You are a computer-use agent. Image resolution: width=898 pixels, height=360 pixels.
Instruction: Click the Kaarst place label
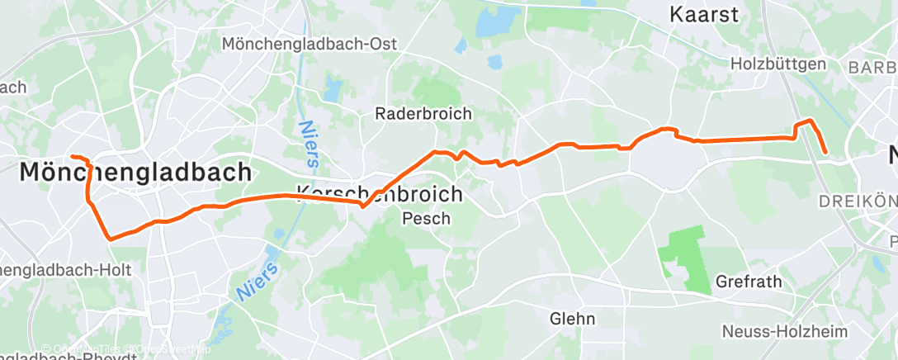[x=703, y=14]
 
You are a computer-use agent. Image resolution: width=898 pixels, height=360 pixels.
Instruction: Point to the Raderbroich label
[x=423, y=114]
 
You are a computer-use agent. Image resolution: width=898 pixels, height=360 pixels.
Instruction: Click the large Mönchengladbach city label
[x=135, y=172]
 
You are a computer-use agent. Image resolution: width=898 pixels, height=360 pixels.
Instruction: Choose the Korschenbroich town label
[x=380, y=193]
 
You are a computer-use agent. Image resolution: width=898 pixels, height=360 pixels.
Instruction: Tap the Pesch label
[x=426, y=219]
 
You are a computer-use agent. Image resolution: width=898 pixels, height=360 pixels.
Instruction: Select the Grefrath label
[x=749, y=282]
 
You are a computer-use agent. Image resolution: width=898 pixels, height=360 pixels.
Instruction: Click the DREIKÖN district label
[x=857, y=201]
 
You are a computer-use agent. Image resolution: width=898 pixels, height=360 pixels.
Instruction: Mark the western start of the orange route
[x=72, y=156]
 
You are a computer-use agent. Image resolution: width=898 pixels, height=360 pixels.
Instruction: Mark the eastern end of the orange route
[x=825, y=152]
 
